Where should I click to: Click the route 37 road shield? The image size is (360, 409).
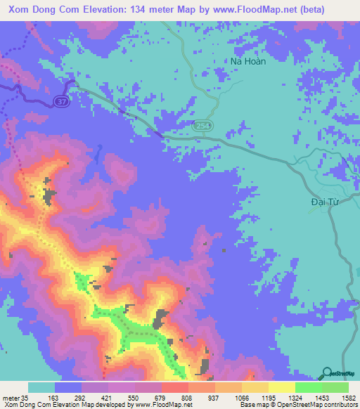pos(61,102)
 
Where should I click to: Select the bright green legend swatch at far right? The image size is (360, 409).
pos(335,387)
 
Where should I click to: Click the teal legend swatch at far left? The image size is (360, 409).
pos(41,387)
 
